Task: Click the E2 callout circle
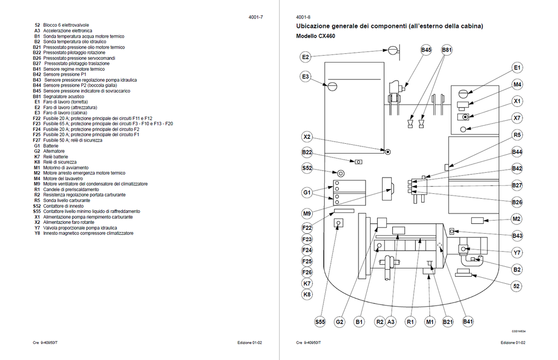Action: tap(305, 57)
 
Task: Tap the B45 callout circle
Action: tap(426, 50)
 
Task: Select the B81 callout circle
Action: tap(447, 50)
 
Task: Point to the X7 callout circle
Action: tap(517, 118)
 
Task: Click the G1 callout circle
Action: tap(307, 193)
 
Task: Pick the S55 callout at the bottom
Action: tap(320, 322)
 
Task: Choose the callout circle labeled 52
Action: tap(517, 286)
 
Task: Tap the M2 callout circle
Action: tap(517, 219)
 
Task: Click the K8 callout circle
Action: tap(307, 295)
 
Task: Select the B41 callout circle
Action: tap(468, 321)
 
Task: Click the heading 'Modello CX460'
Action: tap(316, 36)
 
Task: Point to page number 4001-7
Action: tap(256, 17)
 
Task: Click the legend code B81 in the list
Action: tap(37, 96)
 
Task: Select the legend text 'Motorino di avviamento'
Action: tap(66, 168)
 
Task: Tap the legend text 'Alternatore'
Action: tap(54, 151)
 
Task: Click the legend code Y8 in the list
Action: tap(38, 233)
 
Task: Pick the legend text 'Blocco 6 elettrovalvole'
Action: tap(66, 25)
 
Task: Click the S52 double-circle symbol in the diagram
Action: tap(341, 174)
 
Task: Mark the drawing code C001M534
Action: tap(519, 332)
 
